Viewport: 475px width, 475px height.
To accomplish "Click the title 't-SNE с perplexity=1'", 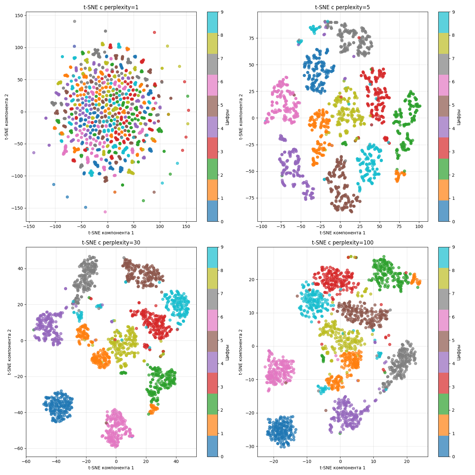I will click(111, 7).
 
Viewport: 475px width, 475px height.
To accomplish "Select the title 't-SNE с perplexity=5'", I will click(342, 7).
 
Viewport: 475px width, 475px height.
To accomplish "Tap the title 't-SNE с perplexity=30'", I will click(111, 243).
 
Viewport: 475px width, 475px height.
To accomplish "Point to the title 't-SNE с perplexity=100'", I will click(342, 243).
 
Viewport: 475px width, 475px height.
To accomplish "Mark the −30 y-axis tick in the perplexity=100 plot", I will click(250, 446).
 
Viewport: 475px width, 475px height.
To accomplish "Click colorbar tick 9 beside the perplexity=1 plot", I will click(222, 12).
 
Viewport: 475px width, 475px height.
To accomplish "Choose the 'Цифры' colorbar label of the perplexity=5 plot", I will click(459, 117).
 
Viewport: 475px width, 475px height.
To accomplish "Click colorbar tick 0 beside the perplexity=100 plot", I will click(453, 457).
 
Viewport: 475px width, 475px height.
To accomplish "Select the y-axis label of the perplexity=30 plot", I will click(10, 352).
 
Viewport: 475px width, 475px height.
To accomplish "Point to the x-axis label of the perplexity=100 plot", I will click(342, 468).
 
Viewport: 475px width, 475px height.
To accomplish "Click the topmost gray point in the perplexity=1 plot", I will click(74, 22).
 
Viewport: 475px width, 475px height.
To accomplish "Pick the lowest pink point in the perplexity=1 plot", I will click(105, 212).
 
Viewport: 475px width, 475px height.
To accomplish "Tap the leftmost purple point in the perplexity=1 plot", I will click(34, 153).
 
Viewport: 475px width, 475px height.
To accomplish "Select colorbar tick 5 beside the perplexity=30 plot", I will click(222, 340).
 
